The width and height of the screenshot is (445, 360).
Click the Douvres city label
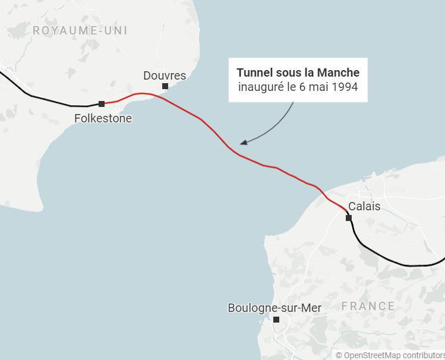click(x=165, y=75)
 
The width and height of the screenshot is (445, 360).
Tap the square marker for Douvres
click(x=165, y=86)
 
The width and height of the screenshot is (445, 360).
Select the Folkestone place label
click(x=103, y=118)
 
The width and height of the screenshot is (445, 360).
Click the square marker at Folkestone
click(x=102, y=104)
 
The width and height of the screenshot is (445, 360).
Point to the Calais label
click(x=364, y=207)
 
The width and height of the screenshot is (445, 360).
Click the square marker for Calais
click(x=349, y=218)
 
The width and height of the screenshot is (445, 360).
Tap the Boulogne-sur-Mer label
click(x=274, y=308)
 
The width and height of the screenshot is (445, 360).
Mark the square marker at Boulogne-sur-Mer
click(x=276, y=320)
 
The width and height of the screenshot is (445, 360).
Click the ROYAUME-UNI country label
click(x=80, y=30)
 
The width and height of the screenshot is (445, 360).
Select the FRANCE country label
click(x=368, y=306)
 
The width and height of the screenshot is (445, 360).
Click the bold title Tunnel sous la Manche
click(x=298, y=72)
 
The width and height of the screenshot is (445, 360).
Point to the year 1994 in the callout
click(x=345, y=87)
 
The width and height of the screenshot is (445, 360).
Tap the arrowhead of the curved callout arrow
click(x=242, y=143)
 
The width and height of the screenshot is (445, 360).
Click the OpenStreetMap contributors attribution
click(x=390, y=355)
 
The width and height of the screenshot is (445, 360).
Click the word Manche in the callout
click(x=338, y=72)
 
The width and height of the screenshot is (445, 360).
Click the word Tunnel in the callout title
click(x=255, y=72)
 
